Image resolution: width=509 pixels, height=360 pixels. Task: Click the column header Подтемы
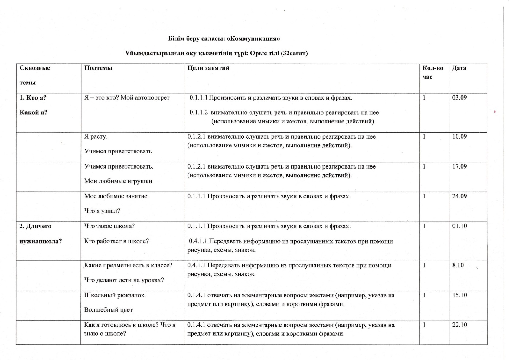98,68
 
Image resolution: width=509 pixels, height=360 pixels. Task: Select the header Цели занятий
208,68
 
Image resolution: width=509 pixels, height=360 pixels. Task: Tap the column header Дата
459,68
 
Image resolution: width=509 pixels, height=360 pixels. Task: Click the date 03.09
459,98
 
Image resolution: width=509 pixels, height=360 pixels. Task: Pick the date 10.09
459,136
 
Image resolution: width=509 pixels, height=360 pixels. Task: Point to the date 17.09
459,166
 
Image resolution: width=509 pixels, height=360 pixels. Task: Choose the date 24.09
459,196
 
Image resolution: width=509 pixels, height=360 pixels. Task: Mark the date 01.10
459,226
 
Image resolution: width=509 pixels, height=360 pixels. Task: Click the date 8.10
458,265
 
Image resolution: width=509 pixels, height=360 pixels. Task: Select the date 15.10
459,295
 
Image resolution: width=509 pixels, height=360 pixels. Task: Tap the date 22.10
459,325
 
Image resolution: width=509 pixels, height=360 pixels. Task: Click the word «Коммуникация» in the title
253,39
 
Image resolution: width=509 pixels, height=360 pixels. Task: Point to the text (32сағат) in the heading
294,54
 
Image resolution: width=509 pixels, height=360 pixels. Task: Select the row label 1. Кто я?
33,98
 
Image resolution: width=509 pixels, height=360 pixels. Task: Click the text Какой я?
34,113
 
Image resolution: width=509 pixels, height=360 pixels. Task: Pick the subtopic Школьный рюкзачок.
115,295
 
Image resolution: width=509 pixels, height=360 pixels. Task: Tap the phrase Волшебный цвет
108,310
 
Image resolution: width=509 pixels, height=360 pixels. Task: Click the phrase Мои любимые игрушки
118,181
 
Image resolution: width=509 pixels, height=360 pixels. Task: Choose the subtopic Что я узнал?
102,211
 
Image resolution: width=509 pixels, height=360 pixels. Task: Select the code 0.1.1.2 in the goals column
198,113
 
